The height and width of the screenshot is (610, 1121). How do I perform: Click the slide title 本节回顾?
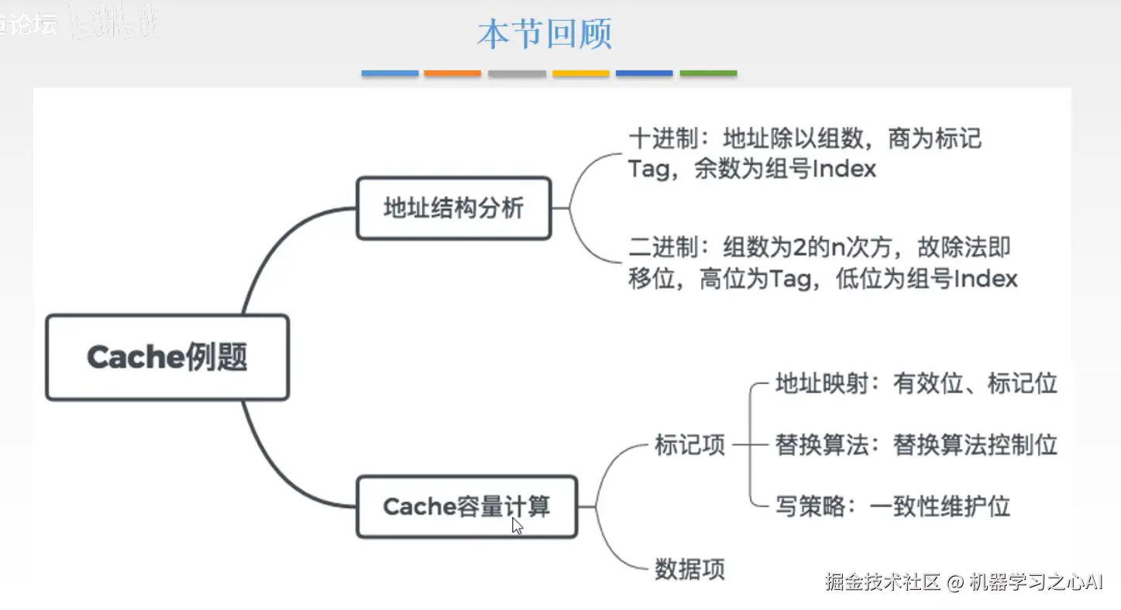click(545, 35)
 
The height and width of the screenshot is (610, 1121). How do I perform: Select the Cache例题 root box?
click(167, 358)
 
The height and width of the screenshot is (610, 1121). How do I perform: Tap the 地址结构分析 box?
click(453, 208)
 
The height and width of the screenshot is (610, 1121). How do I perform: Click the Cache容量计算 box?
click(466, 507)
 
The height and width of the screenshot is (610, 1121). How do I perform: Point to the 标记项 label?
click(689, 445)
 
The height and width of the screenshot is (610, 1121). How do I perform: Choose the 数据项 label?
click(689, 569)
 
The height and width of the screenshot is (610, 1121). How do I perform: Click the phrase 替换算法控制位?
click(975, 445)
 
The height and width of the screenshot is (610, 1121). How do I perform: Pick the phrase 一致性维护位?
click(940, 506)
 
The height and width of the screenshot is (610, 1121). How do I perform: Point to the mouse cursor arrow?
click(517, 526)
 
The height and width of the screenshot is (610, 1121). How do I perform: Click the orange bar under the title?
click(452, 74)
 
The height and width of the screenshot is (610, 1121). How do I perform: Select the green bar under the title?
click(708, 74)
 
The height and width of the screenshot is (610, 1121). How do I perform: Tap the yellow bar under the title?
click(580, 74)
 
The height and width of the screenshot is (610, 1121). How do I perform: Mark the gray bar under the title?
click(517, 74)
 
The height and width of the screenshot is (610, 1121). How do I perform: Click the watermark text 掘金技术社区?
click(882, 582)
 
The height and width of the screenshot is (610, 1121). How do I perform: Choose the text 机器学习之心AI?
click(1036, 582)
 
